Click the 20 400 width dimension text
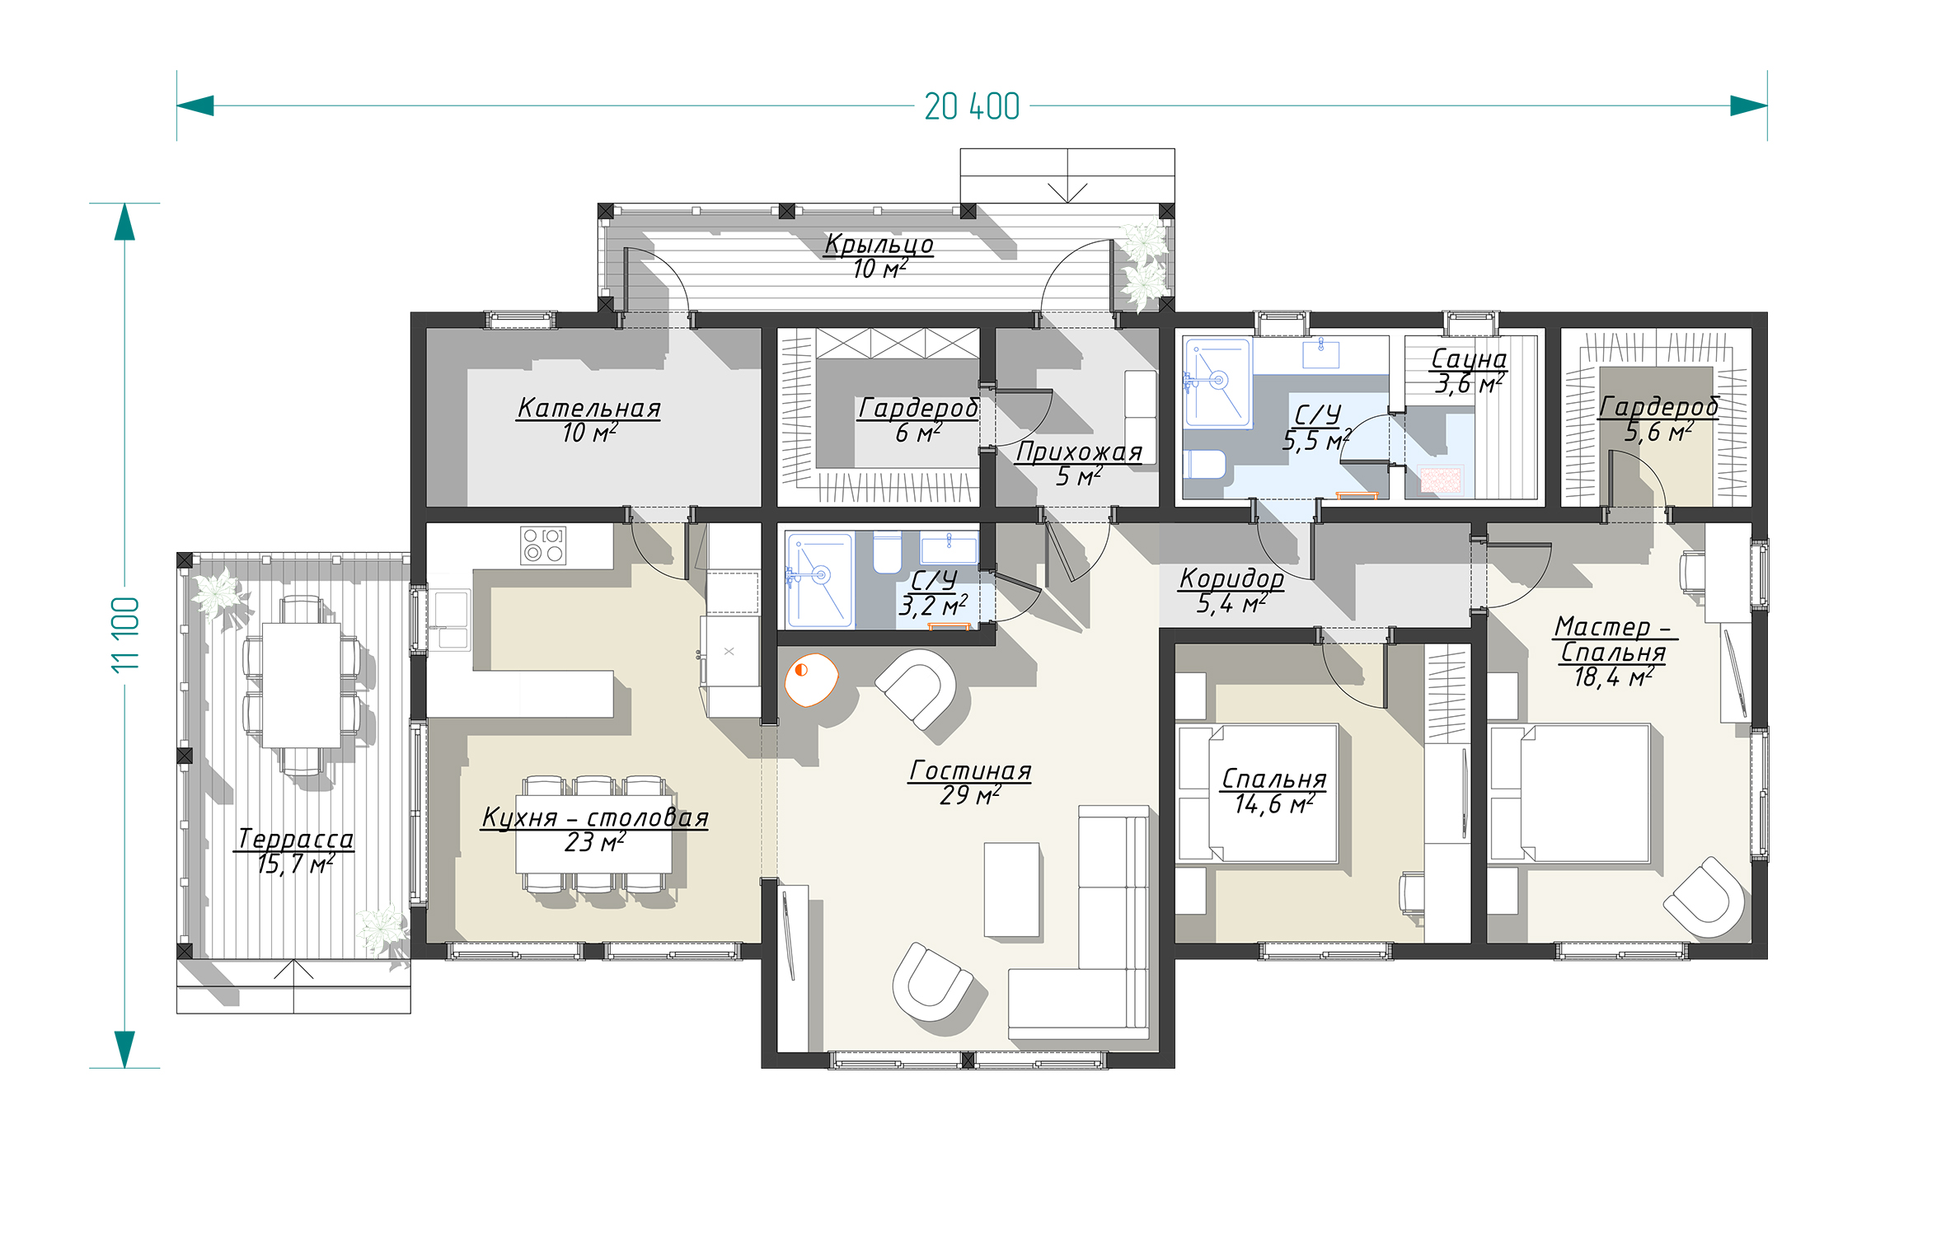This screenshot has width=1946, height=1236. pyautogui.click(x=972, y=106)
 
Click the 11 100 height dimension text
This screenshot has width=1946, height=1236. pyautogui.click(x=125, y=634)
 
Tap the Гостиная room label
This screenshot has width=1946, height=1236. pyautogui.click(x=970, y=770)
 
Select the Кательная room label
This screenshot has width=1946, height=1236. pyautogui.click(x=588, y=408)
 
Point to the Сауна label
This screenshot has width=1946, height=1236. pyautogui.click(x=1469, y=358)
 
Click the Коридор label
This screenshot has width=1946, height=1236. pyautogui.click(x=1231, y=578)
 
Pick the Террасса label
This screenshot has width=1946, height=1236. pyautogui.click(x=295, y=839)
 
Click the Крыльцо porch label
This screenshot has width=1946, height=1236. pyautogui.click(x=879, y=245)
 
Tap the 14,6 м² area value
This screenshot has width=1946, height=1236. pyautogui.click(x=1273, y=804)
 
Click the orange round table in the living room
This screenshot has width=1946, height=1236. pyautogui.click(x=811, y=680)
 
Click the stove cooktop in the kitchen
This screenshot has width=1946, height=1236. pyautogui.click(x=543, y=545)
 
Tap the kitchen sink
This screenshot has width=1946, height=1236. pyautogui.click(x=449, y=620)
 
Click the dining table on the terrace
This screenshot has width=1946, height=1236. pyautogui.click(x=301, y=686)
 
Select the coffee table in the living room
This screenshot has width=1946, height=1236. pyautogui.click(x=1012, y=890)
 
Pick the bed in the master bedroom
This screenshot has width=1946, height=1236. pyautogui.click(x=1570, y=794)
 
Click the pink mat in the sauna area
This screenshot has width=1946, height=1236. pyautogui.click(x=1441, y=480)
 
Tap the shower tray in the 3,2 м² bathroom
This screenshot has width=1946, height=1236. pyautogui.click(x=819, y=581)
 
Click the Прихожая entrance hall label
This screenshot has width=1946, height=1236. pyautogui.click(x=1078, y=452)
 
